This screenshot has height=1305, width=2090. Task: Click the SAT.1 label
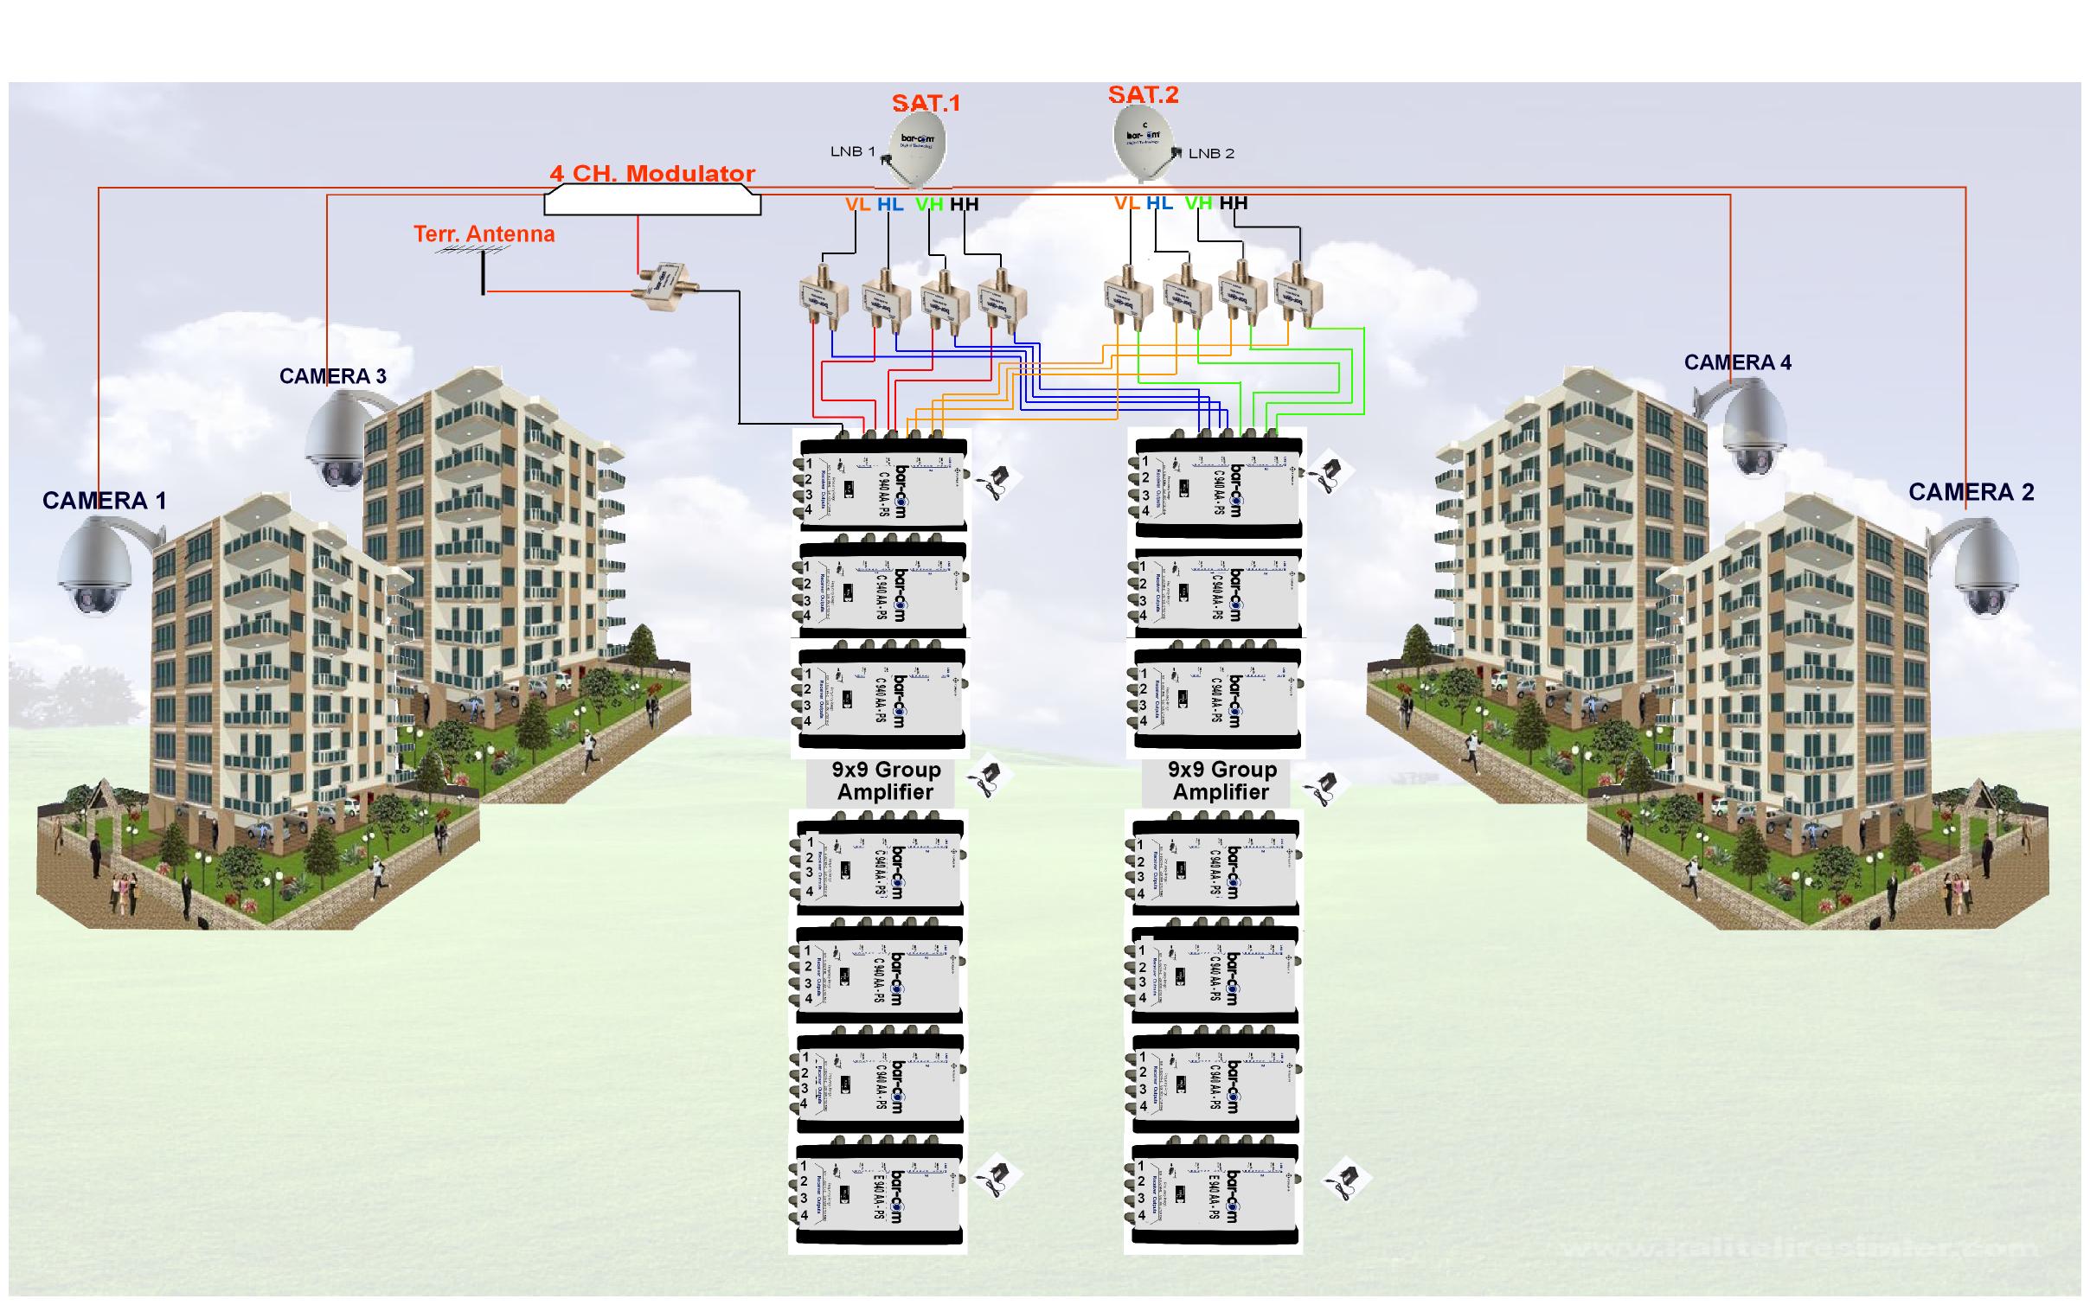[926, 103]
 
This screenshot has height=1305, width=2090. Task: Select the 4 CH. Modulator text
[652, 174]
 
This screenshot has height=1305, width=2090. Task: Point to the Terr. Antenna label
[484, 233]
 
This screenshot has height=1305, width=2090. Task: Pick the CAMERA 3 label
[332, 376]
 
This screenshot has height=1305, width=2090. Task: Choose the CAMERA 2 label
[1971, 492]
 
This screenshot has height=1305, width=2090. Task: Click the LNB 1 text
[852, 151]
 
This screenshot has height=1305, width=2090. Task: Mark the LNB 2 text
[1211, 153]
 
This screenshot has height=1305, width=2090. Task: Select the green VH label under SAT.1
[929, 205]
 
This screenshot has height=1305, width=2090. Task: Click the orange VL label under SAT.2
[1126, 203]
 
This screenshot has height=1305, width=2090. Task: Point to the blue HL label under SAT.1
[890, 205]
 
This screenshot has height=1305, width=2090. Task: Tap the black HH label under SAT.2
[1234, 203]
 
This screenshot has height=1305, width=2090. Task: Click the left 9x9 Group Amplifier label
[886, 781]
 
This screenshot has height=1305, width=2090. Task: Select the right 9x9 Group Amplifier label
[1221, 781]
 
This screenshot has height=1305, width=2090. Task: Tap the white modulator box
[652, 202]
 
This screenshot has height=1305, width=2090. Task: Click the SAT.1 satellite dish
[911, 149]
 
